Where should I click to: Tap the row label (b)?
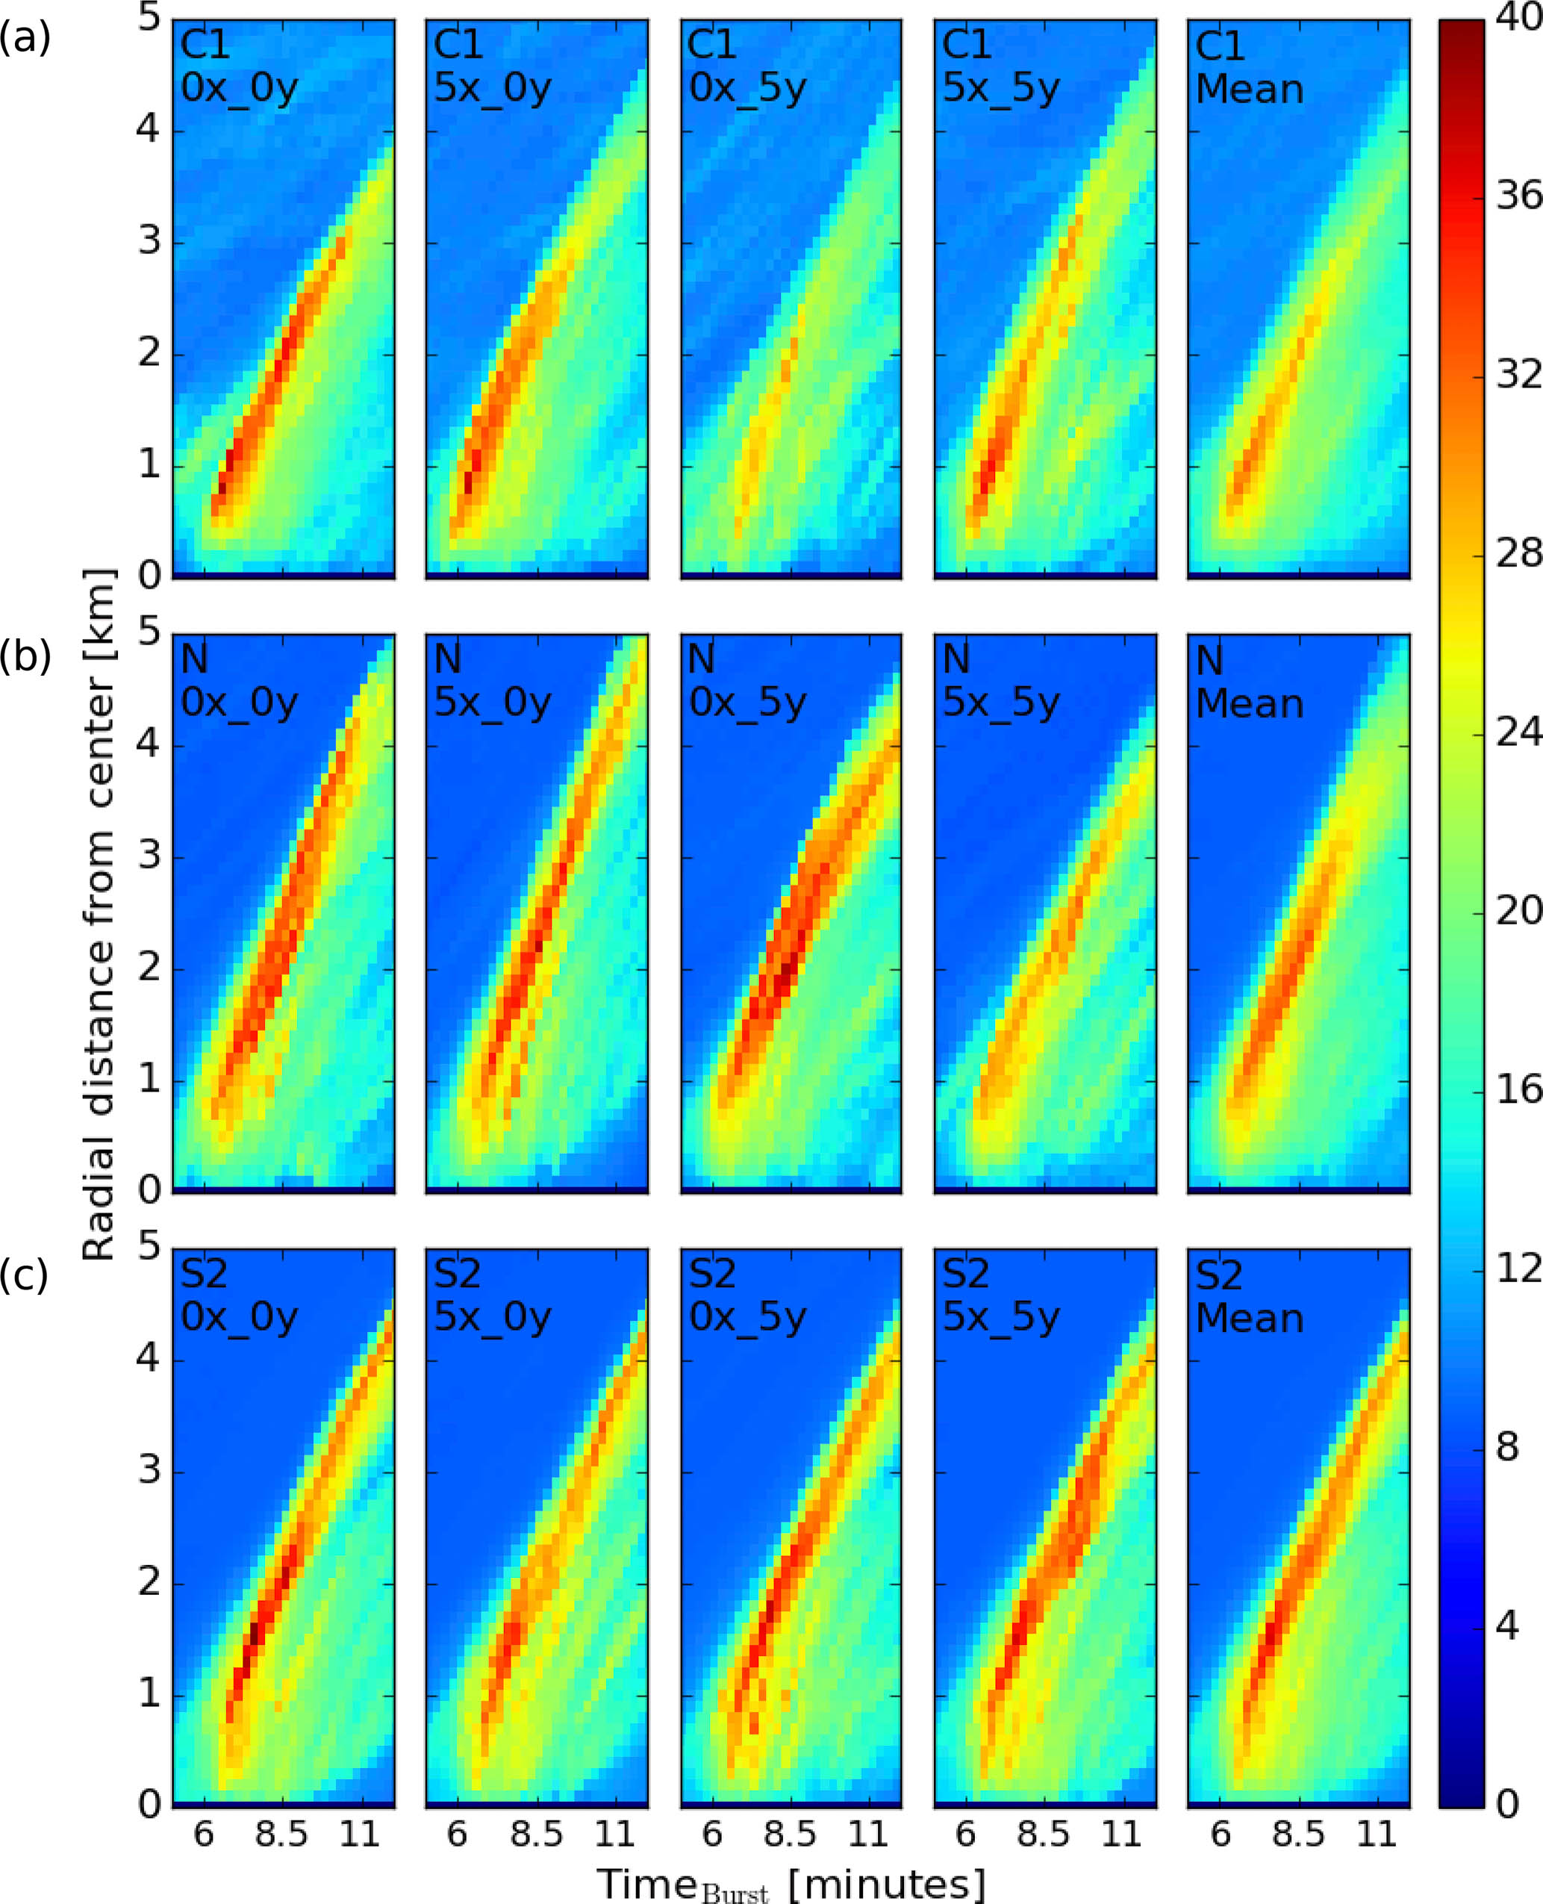pyautogui.click(x=24, y=656)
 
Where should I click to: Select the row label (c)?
pyautogui.click(x=24, y=1275)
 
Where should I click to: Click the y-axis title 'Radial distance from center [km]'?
pyautogui.click(x=99, y=915)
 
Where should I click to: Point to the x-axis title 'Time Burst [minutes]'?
pyautogui.click(x=791, y=1882)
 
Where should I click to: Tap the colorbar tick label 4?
pyautogui.click(x=1507, y=1625)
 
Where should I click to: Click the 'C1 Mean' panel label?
pyautogui.click(x=1249, y=67)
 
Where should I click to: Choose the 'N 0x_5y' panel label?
pyautogui.click(x=746, y=682)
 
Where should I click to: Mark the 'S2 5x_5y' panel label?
pyautogui.click(x=1000, y=1296)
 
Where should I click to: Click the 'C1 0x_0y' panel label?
pyautogui.click(x=238, y=67)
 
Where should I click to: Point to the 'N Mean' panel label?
pyautogui.click(x=1249, y=682)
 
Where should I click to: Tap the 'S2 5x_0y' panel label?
pyautogui.click(x=491, y=1296)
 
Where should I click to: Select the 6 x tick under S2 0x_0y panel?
pyautogui.click(x=204, y=1834)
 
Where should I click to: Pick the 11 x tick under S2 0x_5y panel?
pyautogui.click(x=867, y=1834)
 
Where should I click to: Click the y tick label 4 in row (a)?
pyautogui.click(x=148, y=130)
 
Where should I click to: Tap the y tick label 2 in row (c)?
pyautogui.click(x=148, y=1582)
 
